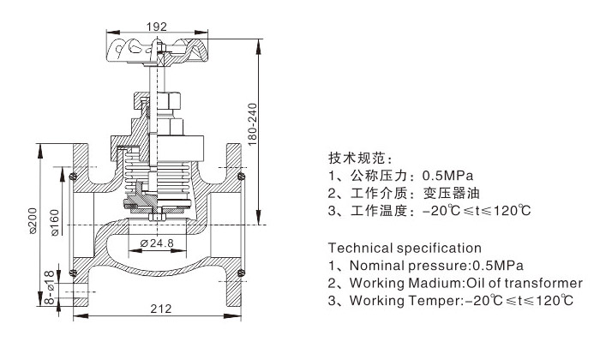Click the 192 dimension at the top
point(155,27)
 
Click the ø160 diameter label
point(53,220)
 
